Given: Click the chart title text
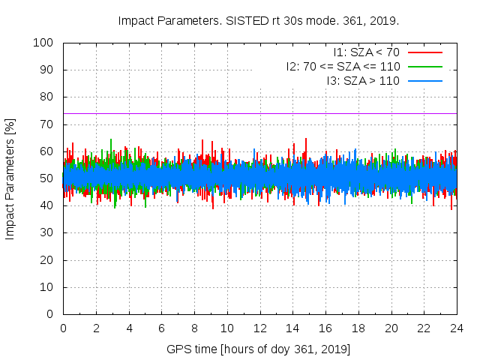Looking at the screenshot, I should click(x=259, y=20).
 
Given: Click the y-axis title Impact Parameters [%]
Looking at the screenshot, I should click(x=10, y=178).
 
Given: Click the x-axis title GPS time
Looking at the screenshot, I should click(x=259, y=350).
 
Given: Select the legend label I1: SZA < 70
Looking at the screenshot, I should click(x=367, y=52).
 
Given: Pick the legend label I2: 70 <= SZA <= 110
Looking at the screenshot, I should click(x=343, y=66).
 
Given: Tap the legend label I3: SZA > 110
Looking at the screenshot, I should click(x=363, y=80).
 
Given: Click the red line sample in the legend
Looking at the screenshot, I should click(x=424, y=52).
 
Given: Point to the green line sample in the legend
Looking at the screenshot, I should click(x=424, y=66).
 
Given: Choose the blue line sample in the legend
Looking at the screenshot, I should click(x=424, y=80).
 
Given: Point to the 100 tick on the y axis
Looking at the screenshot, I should click(x=46, y=43).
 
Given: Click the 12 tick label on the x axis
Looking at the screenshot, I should click(x=259, y=328).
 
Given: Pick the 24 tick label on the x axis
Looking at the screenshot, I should click(x=456, y=328).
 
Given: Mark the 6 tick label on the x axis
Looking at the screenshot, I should click(x=161, y=328).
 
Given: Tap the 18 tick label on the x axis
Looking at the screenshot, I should click(x=358, y=328).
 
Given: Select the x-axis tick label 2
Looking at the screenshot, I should click(x=96, y=328).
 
